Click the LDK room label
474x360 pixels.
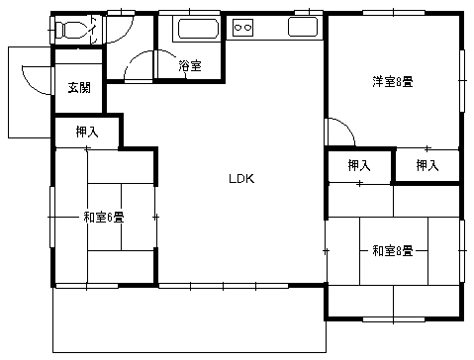coord(241,179)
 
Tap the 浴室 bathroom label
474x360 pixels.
coord(190,65)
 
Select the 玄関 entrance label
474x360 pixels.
coord(79,88)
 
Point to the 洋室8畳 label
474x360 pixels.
coord(393,81)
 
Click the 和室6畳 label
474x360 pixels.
coord(104,218)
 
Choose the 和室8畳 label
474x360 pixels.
coord(393,251)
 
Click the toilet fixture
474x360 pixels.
coord(70,30)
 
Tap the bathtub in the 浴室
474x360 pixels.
coord(198,29)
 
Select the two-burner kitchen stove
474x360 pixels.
coord(243,27)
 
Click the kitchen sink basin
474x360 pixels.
coord(303,27)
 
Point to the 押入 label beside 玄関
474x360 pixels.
coord(87,132)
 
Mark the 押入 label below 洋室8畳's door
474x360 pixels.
coord(359,165)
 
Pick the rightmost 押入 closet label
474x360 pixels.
coord(427,165)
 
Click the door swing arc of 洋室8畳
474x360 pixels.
coord(346,126)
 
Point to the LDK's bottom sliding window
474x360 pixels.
coord(224,286)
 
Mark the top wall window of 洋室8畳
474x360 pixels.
coord(394,13)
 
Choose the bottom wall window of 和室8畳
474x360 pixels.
coord(394,319)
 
